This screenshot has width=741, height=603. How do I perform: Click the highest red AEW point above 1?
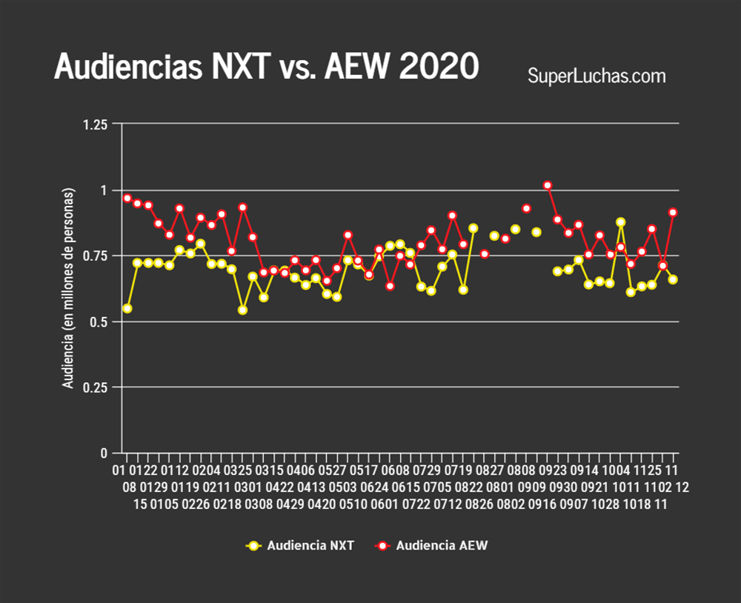[548, 185]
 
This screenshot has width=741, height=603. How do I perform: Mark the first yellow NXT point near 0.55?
[127, 308]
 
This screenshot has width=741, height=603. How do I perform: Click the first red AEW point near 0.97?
[127, 199]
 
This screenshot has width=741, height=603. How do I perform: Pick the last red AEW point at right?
[673, 213]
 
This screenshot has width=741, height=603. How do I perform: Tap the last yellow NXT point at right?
[673, 279]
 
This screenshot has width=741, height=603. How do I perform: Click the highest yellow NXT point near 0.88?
[621, 222]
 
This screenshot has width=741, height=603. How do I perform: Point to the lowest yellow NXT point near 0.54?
[242, 310]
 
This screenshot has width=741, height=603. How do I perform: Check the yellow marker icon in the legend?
[254, 546]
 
